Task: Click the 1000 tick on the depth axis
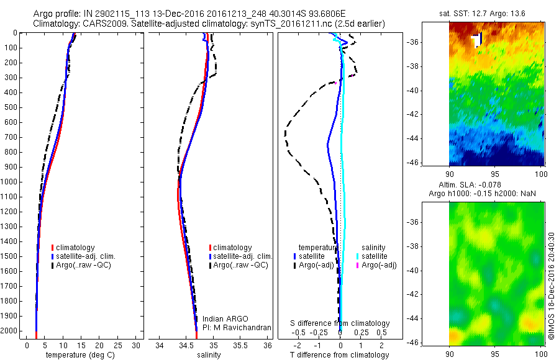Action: point(9,182)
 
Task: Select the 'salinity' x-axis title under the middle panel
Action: point(209,355)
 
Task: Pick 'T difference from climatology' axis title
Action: point(340,355)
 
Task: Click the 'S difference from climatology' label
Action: point(340,323)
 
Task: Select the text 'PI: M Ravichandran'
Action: point(237,327)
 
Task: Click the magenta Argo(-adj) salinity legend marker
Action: point(358,265)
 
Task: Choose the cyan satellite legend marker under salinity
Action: point(358,256)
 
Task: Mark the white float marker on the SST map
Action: point(477,40)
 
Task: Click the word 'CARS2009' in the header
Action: point(102,24)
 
